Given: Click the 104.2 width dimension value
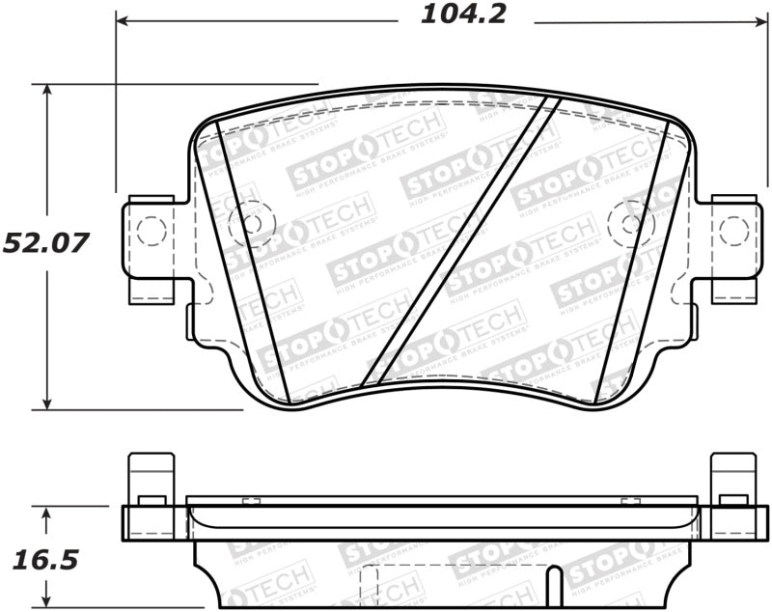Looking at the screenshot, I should tap(463, 15).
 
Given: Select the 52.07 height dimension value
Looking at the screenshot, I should tap(45, 243).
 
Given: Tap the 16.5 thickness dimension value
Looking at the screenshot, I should tap(44, 560).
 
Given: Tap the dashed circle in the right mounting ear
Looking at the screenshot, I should tap(734, 231).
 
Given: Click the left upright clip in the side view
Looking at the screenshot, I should tap(152, 479).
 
